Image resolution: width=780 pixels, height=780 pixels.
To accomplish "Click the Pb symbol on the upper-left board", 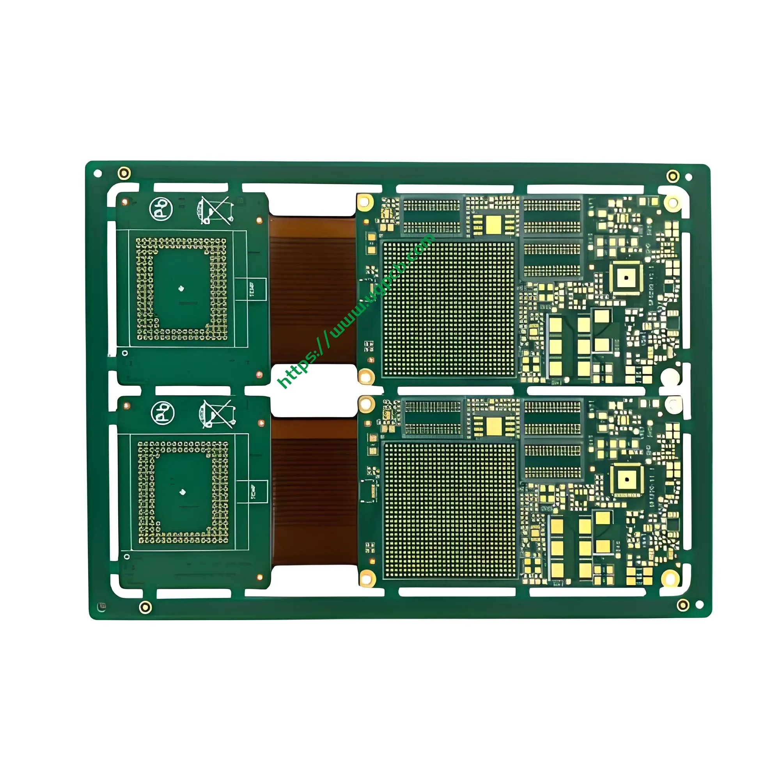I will pos(161,209).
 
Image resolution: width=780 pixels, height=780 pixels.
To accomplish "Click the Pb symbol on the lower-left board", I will pos(162,413).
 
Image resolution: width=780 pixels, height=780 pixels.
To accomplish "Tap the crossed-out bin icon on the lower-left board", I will pos(217,414).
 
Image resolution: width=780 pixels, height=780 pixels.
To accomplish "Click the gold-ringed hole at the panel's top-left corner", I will pos(124,173).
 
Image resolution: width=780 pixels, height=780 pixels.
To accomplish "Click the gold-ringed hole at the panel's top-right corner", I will pos(673,176).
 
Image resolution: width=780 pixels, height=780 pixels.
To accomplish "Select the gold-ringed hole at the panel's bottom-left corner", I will pos(145,607).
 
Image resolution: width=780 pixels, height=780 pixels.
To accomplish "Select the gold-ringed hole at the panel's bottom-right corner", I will pos(683,605).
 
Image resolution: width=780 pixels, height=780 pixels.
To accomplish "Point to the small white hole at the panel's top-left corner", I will pos(97,174).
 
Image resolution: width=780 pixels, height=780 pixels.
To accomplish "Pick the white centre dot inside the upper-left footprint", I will pos(181,288).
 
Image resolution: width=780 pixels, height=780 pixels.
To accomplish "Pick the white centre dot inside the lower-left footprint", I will pos(182,492).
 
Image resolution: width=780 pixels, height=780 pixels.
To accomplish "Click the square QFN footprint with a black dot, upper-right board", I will pos(626,278).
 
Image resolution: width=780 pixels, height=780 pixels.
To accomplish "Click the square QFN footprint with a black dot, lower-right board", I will pos(627,479).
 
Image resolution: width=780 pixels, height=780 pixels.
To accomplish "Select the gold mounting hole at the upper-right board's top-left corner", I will pos(365,202).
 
